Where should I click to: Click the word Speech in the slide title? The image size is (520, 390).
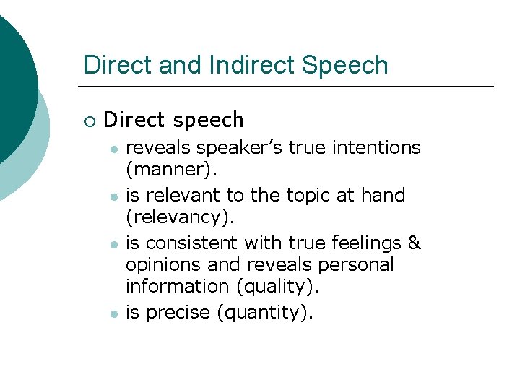point(345,66)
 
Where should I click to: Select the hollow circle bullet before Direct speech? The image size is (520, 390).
point(89,120)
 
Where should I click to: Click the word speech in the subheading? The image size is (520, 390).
point(209,119)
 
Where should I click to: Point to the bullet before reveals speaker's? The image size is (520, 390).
point(113,149)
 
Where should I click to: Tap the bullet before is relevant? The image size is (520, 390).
point(113,196)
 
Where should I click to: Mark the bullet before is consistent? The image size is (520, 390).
point(113,243)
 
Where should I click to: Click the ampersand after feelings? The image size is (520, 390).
point(414,242)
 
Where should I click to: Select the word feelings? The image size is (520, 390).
point(363,243)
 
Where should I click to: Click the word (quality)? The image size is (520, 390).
point(277,287)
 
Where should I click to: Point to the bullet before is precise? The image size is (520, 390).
point(113,313)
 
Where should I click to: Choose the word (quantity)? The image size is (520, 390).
point(267,313)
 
